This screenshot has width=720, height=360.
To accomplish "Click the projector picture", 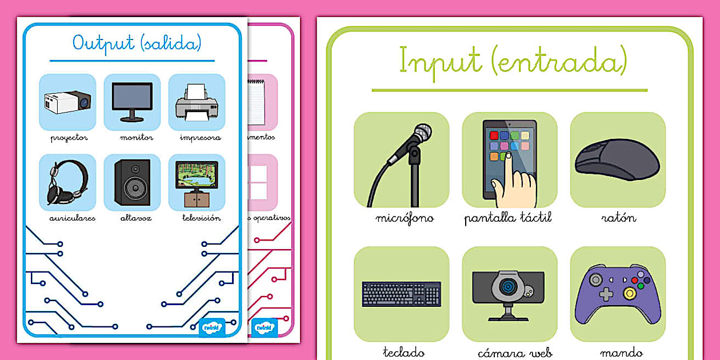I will tap(67, 102).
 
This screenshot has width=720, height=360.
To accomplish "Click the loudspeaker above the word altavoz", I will tap(132, 182).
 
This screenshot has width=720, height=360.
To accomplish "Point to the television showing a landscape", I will tap(197, 176).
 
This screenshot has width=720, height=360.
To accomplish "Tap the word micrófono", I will tap(405, 218).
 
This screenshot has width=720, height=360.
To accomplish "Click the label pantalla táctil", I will tap(508, 218).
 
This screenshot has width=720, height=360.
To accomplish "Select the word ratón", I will tap(618, 218).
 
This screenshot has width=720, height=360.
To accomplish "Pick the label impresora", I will tap(200, 138).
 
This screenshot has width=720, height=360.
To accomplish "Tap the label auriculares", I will tap(73, 218).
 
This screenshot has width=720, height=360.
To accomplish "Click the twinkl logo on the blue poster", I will tap(212, 328).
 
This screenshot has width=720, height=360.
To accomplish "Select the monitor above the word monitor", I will tap(132, 101).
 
